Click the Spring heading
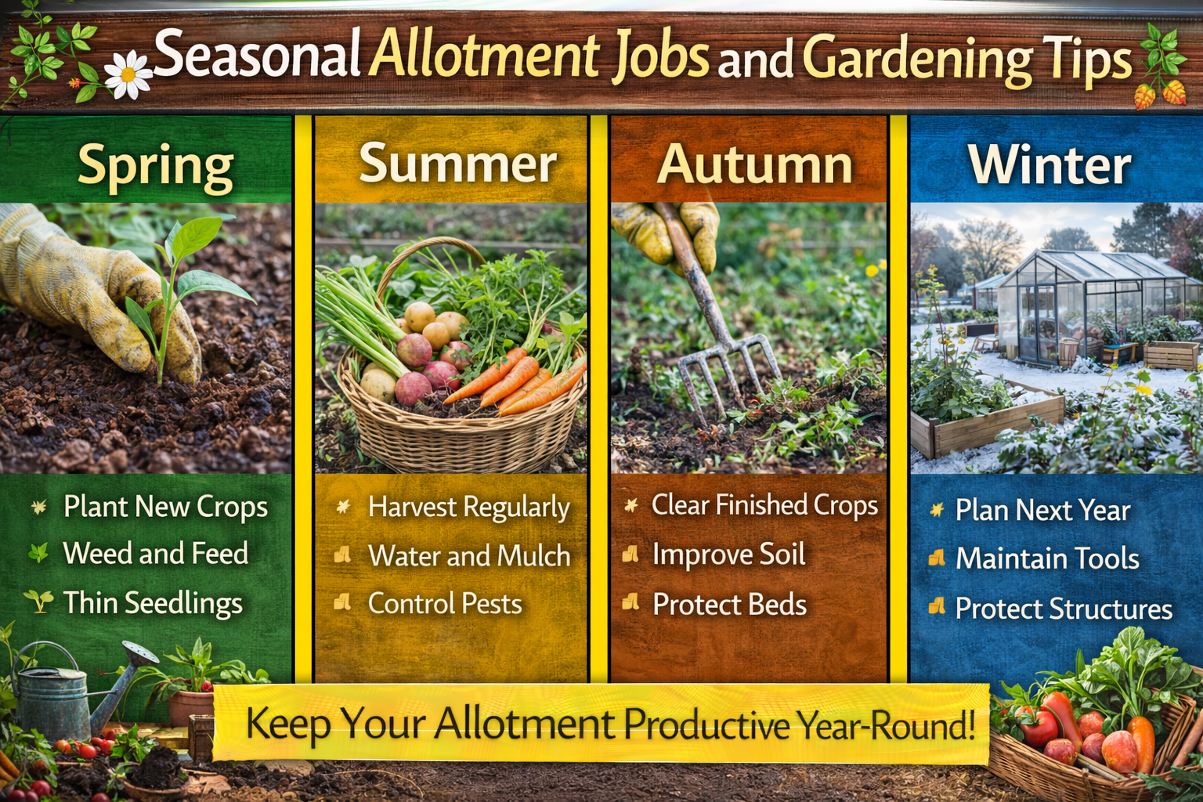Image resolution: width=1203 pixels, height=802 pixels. [156, 166]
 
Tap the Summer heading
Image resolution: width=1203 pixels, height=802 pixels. [457, 164]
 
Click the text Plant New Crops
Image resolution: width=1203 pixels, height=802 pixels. [165, 507]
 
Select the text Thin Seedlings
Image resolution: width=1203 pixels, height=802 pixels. [153, 603]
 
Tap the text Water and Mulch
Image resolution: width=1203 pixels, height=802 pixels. [469, 556]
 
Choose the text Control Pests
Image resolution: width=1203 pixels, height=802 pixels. [445, 604]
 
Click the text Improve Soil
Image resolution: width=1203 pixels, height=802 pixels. [728, 555]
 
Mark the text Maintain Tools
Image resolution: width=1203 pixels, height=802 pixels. [1047, 558]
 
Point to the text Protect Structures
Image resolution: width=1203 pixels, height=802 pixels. [1064, 609]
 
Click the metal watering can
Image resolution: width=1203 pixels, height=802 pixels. [55, 689]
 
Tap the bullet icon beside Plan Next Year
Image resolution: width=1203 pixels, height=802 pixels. [937, 511]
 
